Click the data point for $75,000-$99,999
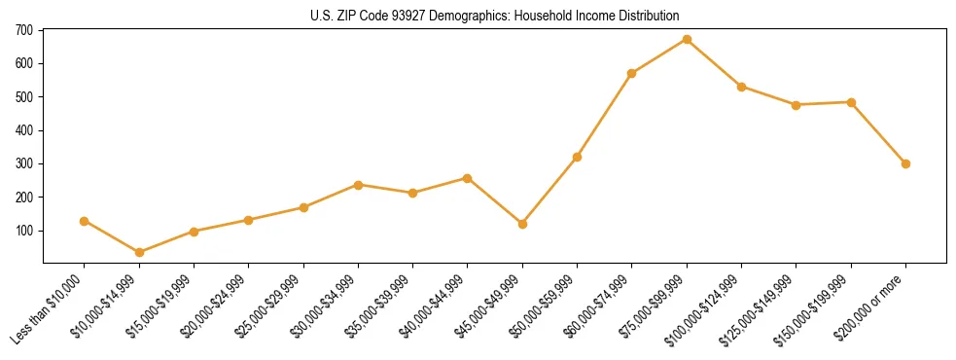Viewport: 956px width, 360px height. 687,39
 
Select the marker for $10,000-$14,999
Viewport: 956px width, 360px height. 139,252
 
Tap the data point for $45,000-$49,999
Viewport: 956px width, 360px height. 522,224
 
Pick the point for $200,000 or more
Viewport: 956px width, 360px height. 905,163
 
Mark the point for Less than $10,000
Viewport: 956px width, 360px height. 85,221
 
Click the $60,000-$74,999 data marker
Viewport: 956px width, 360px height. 632,73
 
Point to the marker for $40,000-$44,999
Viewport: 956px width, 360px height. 468,178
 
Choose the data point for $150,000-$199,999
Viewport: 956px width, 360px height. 851,102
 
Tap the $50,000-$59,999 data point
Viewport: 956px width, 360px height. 577,157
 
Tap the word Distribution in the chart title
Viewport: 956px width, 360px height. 645,16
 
